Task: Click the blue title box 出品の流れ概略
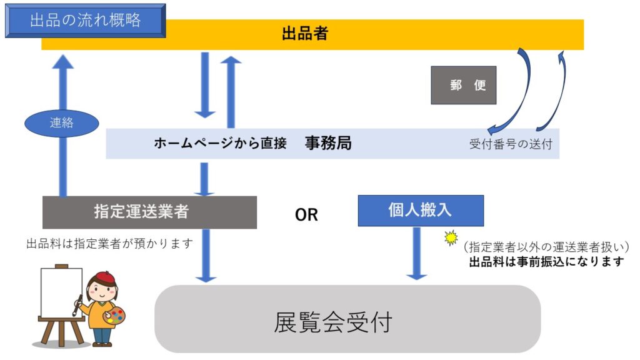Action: point(85,21)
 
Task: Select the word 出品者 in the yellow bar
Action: point(305,34)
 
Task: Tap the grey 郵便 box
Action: point(464,85)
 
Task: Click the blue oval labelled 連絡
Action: point(62,123)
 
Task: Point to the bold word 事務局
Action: point(328,143)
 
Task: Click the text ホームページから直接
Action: point(220,143)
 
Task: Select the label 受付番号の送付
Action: point(511,144)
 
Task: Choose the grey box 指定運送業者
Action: point(150,212)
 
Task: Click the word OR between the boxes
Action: point(306,215)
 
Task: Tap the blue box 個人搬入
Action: point(421,210)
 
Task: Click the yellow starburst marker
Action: point(451,237)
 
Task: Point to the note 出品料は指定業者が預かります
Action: point(109,244)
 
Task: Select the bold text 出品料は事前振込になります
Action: point(547,262)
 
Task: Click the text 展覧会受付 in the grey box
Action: point(333,322)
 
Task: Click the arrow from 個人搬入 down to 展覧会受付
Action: point(417,253)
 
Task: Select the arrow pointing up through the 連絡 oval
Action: point(63,125)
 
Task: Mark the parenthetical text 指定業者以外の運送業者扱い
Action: point(547,247)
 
